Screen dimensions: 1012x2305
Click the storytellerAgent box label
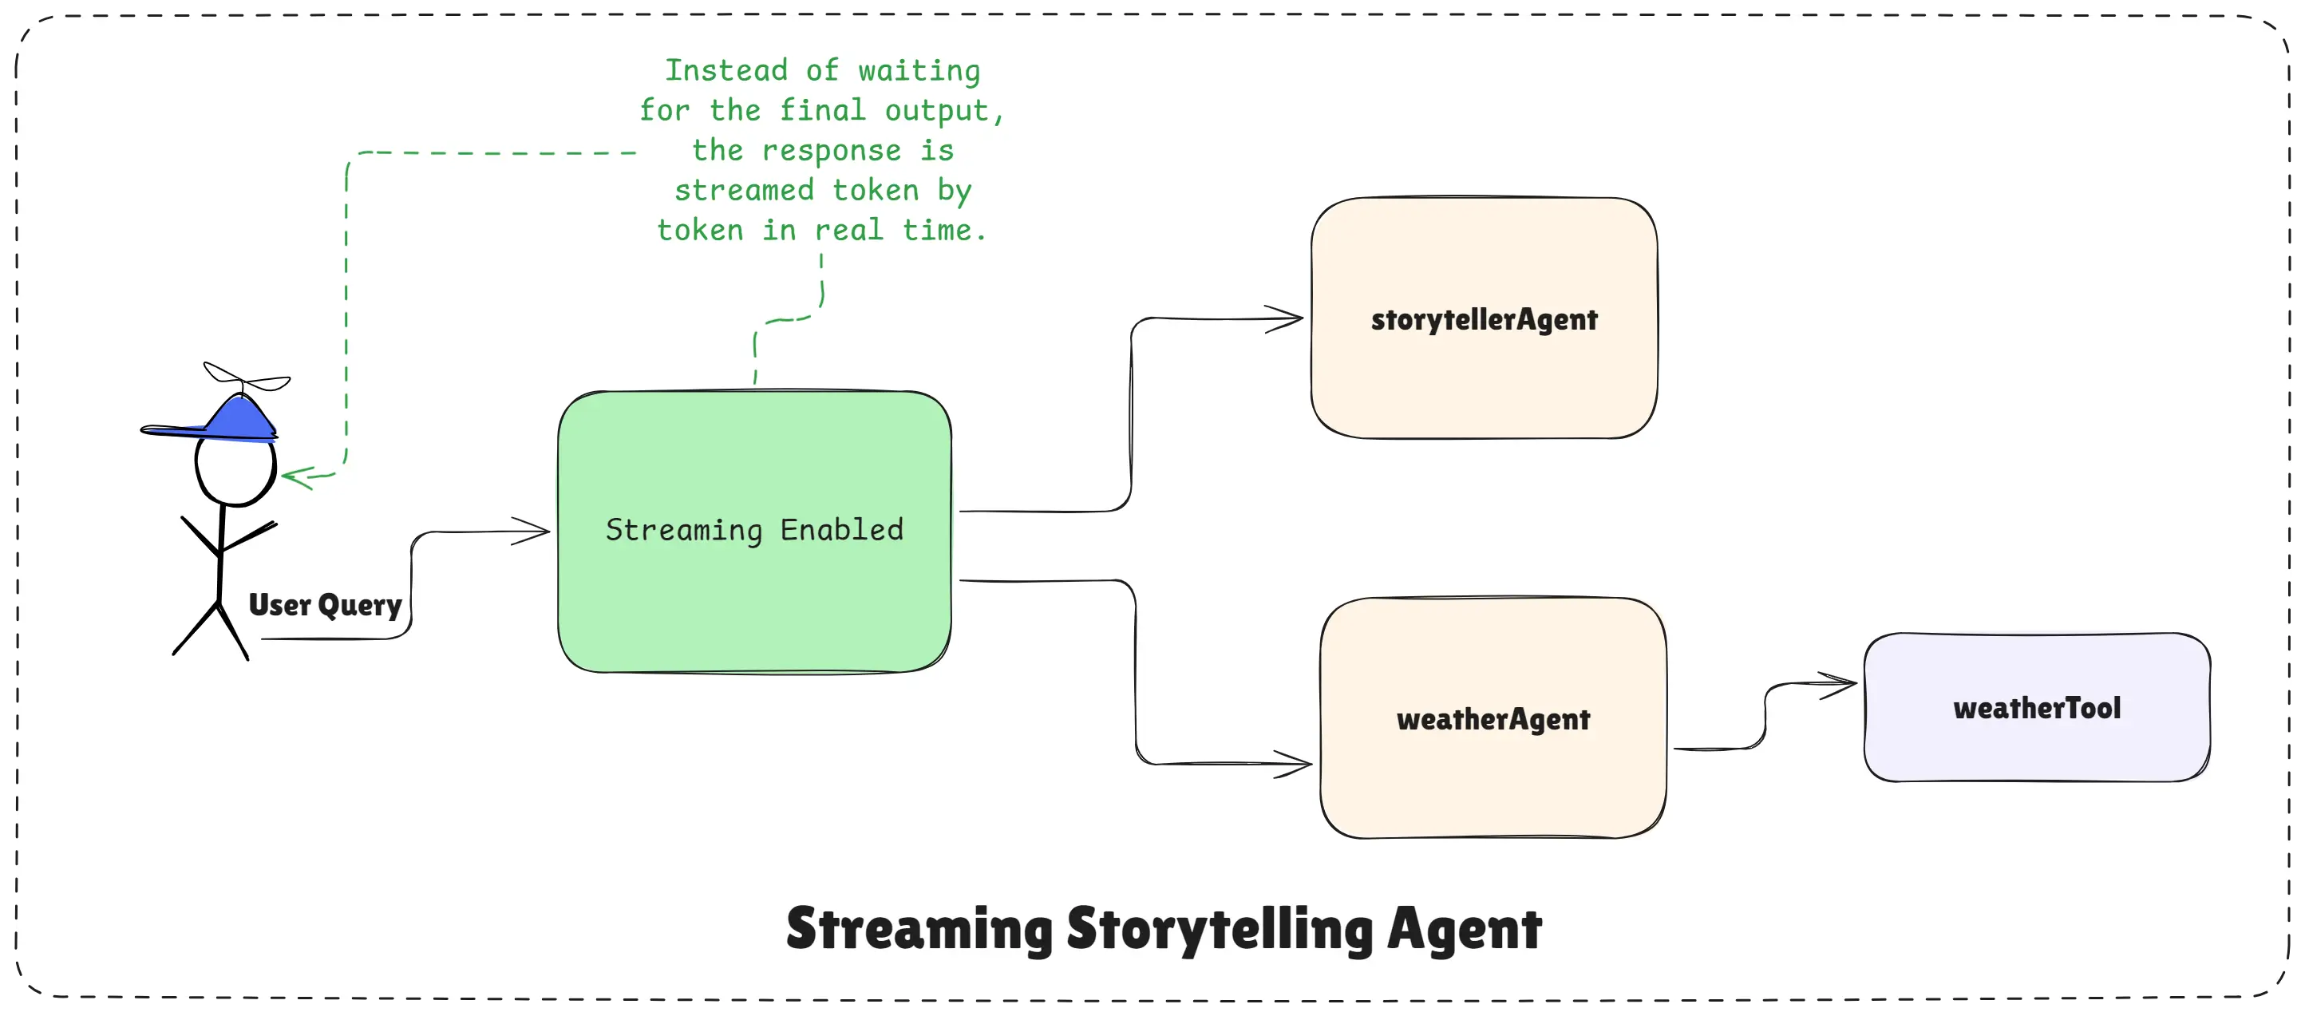(1484, 319)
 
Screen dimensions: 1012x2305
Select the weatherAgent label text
(1493, 719)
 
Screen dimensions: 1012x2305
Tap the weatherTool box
(2037, 708)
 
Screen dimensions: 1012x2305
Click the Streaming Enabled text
(753, 530)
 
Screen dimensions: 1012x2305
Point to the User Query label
(325, 605)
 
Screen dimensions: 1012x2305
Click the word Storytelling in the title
(1219, 929)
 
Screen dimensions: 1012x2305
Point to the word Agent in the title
(1464, 929)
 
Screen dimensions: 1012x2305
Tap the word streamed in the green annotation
(744, 191)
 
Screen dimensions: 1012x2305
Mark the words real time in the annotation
(899, 231)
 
